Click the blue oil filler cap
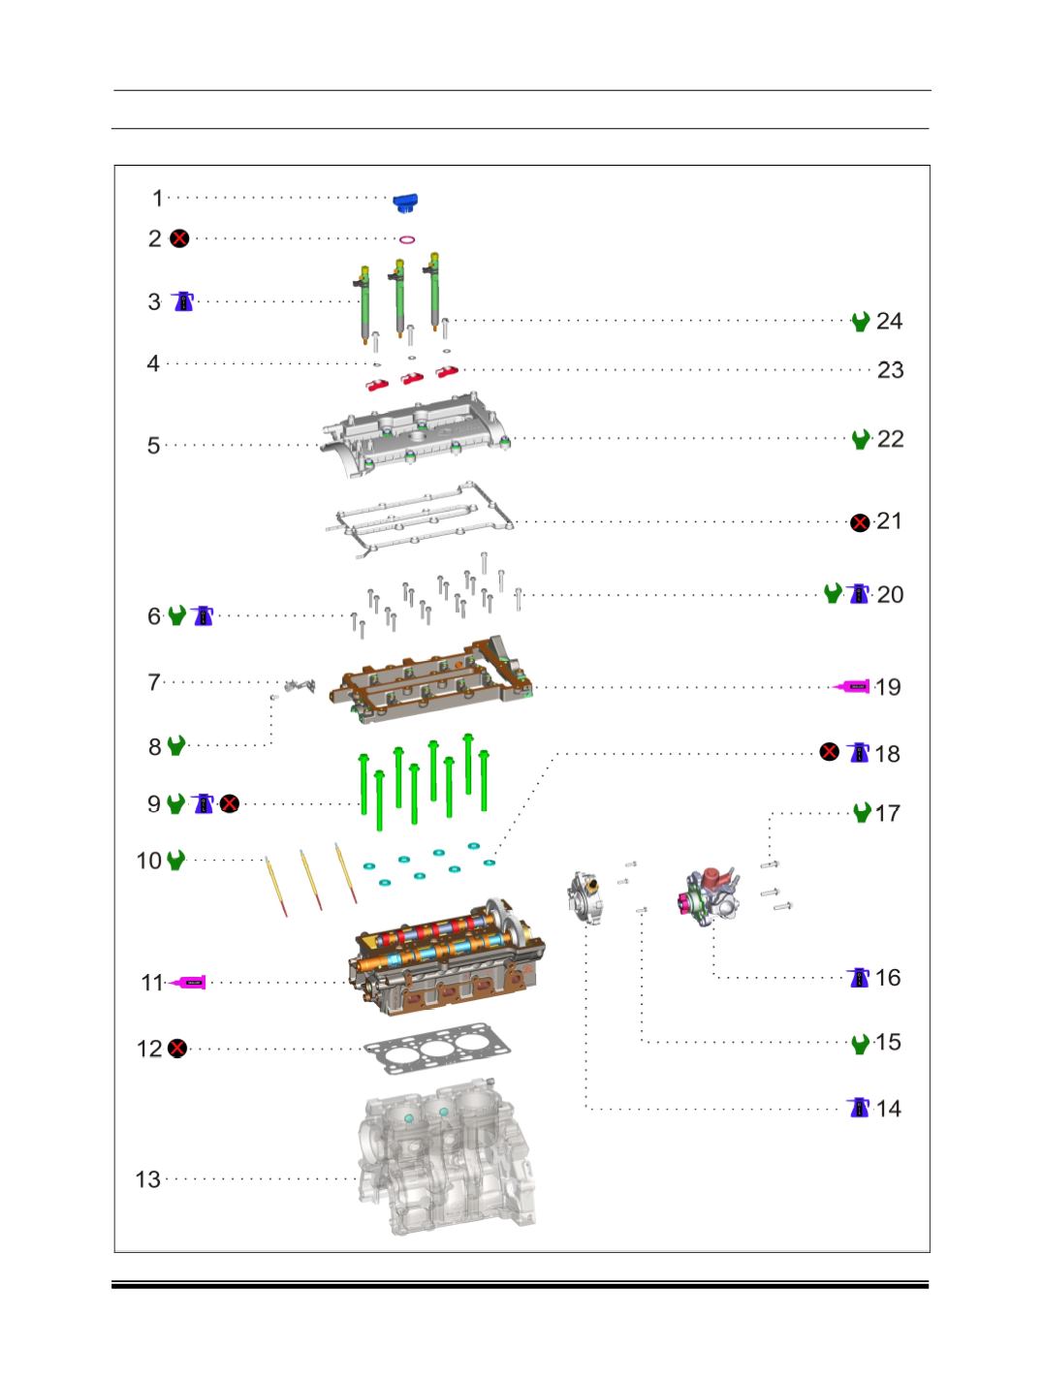pos(405,204)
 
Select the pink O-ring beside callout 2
pos(407,239)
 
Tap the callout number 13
pos(147,1179)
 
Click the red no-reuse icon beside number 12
pos(178,1048)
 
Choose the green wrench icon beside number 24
pos(861,322)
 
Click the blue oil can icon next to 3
pos(183,301)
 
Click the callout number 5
pos(153,446)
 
